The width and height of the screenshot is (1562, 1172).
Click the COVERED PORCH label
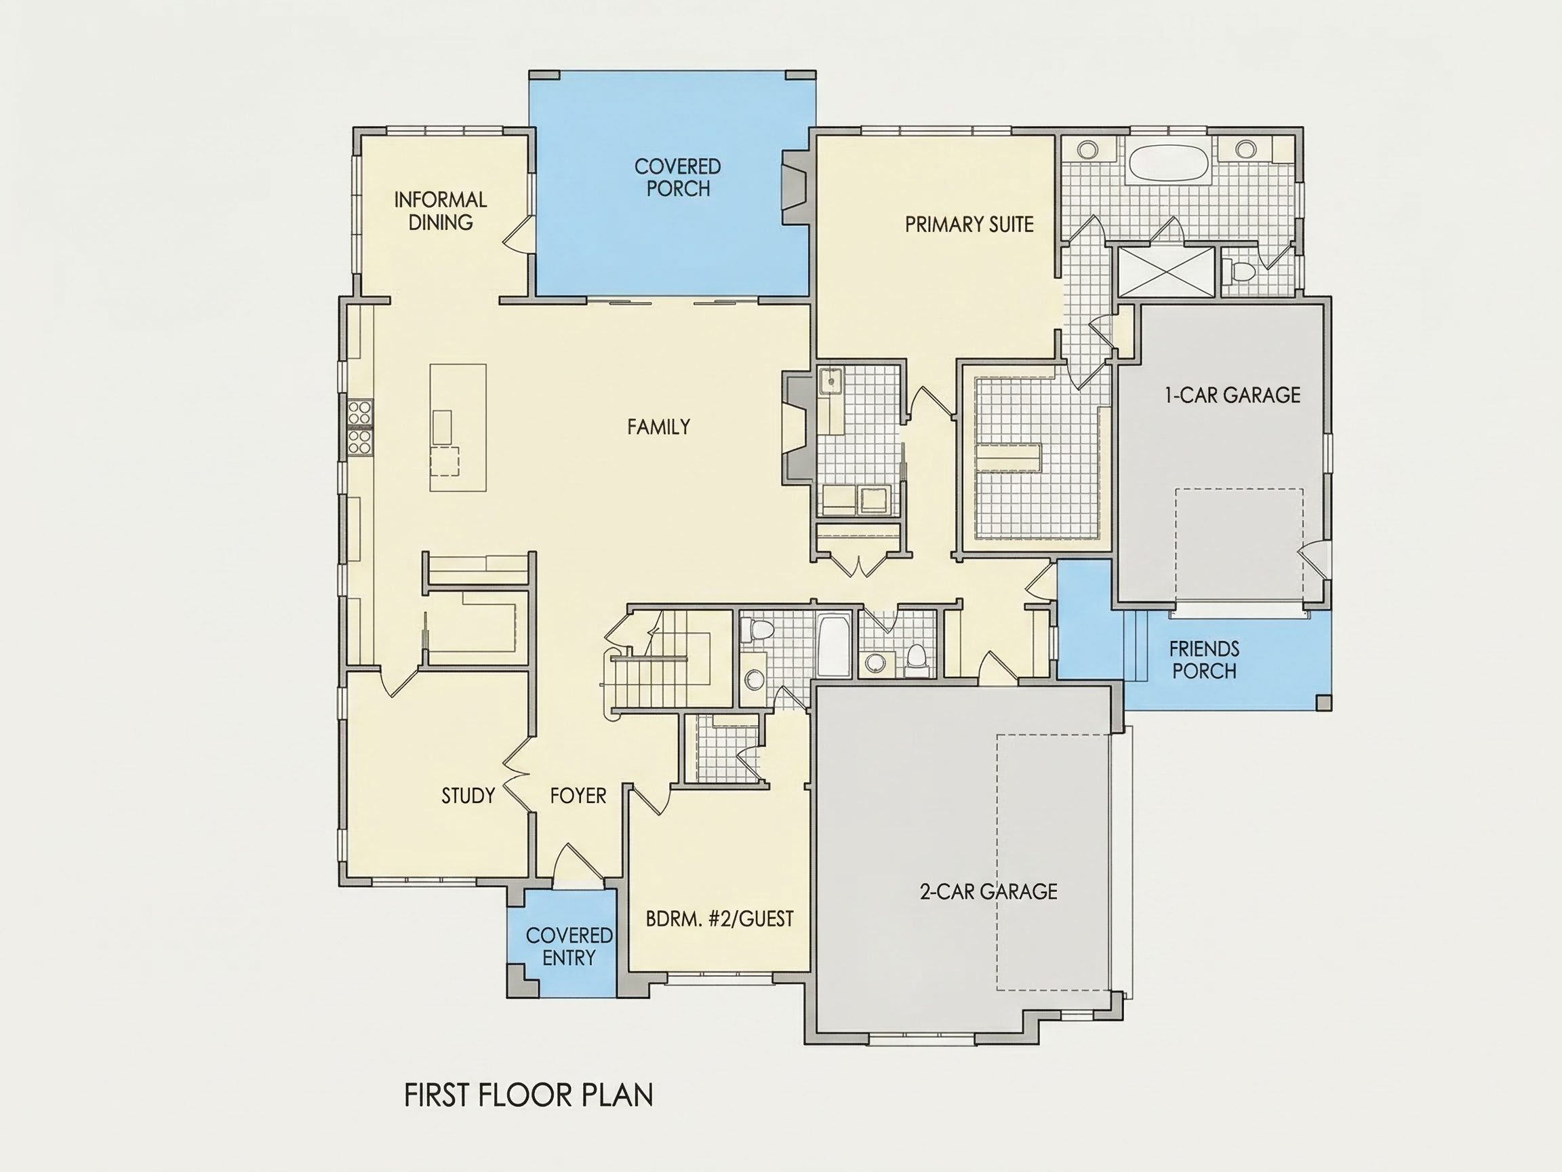pyautogui.click(x=677, y=177)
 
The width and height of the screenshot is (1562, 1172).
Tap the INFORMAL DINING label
pyautogui.click(x=440, y=210)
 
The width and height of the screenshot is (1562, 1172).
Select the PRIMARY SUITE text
pyautogui.click(x=969, y=224)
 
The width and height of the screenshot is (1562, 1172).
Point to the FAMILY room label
pyautogui.click(x=658, y=427)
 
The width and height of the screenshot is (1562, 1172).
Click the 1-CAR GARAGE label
pyautogui.click(x=1233, y=395)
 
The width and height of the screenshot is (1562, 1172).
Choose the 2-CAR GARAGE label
pyautogui.click(x=988, y=891)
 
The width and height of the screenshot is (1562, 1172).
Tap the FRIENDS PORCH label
pyautogui.click(x=1204, y=660)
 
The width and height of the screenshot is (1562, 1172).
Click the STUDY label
pyautogui.click(x=468, y=796)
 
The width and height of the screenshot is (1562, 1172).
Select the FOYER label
pyautogui.click(x=578, y=796)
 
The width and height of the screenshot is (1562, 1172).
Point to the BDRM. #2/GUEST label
pyautogui.click(x=719, y=919)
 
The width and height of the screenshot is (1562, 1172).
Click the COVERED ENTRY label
pyautogui.click(x=568, y=947)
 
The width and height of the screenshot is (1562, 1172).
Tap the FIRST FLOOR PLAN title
pyautogui.click(x=528, y=1095)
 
